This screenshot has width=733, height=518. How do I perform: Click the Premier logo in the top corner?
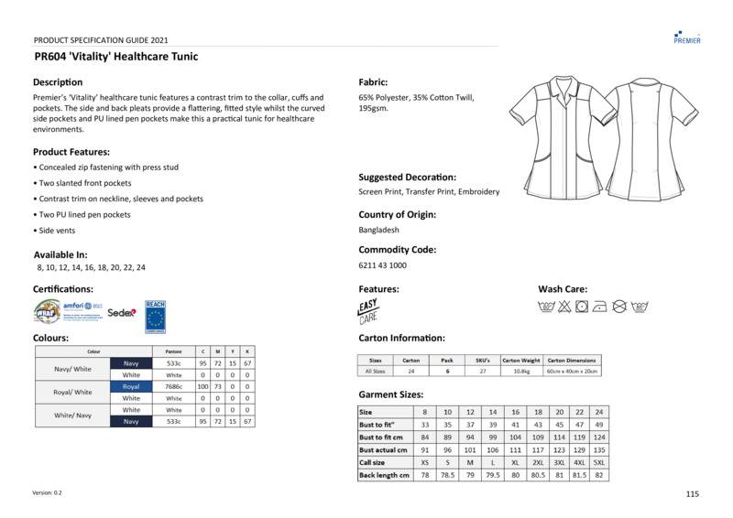[687, 37]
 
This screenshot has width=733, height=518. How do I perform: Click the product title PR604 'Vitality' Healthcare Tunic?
[115, 57]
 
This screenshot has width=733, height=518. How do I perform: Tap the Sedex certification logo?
[122, 312]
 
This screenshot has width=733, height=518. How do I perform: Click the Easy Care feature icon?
[368, 311]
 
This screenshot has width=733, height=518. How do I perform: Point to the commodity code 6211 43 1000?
[383, 265]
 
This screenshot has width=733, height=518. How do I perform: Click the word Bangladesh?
[379, 231]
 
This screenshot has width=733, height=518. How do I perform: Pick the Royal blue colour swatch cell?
[131, 387]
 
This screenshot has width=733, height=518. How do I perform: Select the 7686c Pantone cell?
[173, 387]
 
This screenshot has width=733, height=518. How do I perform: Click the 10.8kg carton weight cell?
[521, 372]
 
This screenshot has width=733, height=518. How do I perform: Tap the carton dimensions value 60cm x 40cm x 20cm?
[572, 372]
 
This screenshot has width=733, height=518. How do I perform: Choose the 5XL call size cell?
[599, 463]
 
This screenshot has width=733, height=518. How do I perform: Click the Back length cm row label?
[383, 476]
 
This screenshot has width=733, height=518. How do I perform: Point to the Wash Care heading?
[563, 289]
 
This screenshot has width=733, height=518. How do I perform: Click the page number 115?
[692, 494]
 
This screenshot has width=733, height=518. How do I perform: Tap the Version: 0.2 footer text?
[47, 493]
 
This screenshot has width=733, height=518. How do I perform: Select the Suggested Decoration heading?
[407, 177]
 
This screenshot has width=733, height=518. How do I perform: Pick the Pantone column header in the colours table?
[173, 351]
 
